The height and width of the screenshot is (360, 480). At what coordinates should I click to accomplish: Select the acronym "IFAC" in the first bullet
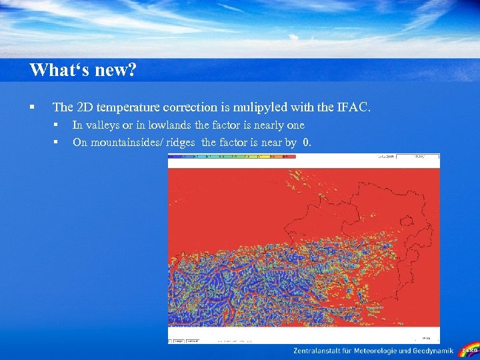[x=360, y=107]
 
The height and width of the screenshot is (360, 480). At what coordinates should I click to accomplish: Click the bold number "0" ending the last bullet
[x=306, y=142]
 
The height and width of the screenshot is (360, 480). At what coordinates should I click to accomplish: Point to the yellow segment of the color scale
[x=260, y=157]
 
